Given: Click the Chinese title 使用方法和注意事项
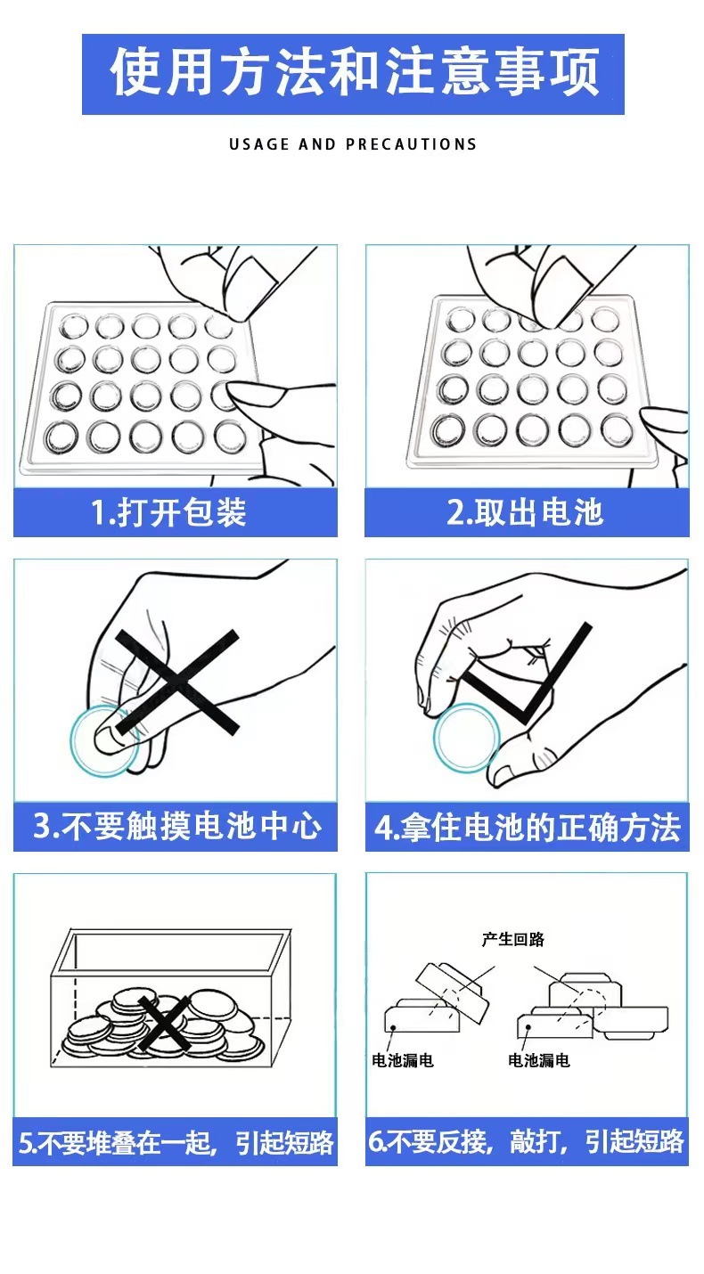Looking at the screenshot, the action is [354, 73].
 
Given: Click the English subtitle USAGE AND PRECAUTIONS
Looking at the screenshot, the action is [353, 144].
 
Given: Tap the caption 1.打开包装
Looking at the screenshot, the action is [169, 512].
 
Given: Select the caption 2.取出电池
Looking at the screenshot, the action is [525, 512].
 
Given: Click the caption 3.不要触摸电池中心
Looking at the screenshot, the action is [177, 826].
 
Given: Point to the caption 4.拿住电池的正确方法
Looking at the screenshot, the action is [528, 827].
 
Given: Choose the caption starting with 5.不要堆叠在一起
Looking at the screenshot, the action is [176, 1141].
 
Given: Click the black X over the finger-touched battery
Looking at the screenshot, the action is [177, 682].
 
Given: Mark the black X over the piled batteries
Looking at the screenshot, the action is [165, 1023].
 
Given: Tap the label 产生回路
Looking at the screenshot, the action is [512, 939].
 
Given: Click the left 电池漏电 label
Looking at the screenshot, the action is [403, 1060].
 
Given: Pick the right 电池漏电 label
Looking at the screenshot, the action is [538, 1060].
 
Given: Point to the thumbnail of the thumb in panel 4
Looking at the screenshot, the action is [501, 774].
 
